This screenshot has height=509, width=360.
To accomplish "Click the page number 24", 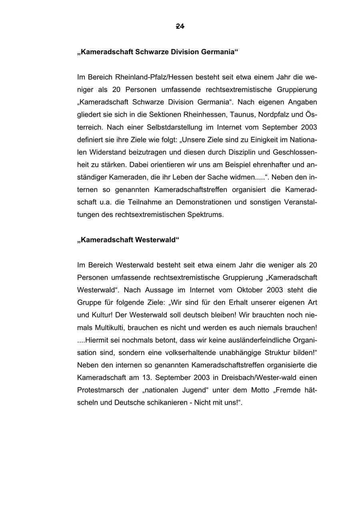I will (x=180, y=26).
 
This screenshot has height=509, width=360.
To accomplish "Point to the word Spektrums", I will (x=205, y=215).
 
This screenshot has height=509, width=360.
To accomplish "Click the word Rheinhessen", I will (x=196, y=114).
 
